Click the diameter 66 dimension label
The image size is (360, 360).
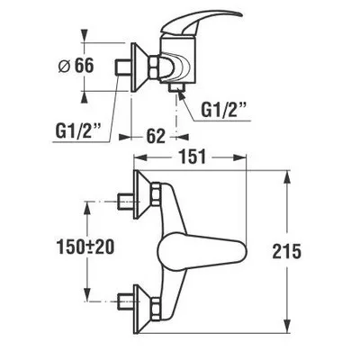76,66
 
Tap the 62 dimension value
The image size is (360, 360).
156,137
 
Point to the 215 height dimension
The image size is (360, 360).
286,251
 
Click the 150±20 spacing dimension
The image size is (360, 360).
85,247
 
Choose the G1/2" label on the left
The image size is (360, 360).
78,130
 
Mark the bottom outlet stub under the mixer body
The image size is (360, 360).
176,86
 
